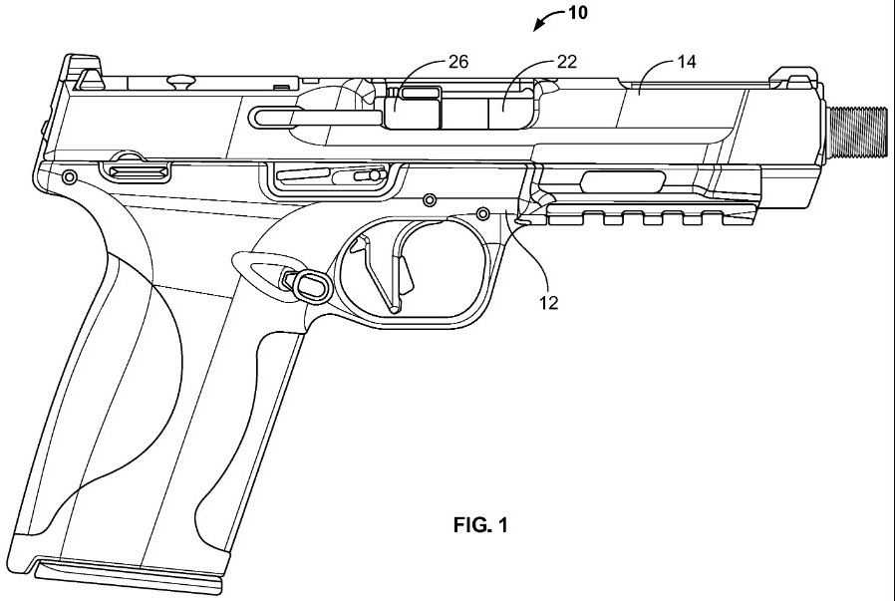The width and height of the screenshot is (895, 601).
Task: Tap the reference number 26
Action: (457, 62)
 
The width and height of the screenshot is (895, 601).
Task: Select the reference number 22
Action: (566, 62)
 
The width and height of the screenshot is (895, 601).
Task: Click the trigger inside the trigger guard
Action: (394, 264)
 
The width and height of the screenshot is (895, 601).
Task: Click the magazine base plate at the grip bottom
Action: (125, 573)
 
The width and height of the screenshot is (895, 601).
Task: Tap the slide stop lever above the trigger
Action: (329, 176)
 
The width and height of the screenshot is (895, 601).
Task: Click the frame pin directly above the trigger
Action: (430, 200)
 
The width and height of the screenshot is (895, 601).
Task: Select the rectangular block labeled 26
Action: (414, 110)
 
